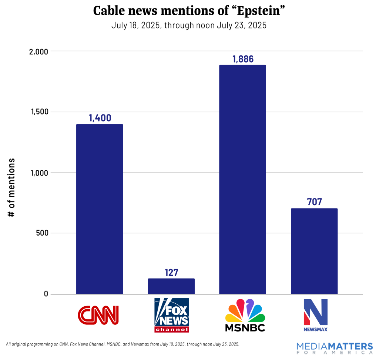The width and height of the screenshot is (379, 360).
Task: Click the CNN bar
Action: coord(99,209)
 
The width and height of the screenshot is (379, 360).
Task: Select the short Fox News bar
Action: coord(171,286)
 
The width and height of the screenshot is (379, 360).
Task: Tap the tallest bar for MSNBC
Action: coord(242,179)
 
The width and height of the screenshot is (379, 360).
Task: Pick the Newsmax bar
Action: coord(314,251)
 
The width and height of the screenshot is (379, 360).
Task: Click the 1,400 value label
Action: coord(100,118)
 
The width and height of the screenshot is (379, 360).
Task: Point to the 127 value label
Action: coord(171,273)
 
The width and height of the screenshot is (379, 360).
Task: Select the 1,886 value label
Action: coord(243,59)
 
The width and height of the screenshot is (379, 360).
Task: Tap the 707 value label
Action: coord(314,202)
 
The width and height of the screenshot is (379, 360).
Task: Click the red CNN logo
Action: coord(98,315)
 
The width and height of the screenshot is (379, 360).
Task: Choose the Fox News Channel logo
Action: coord(171,315)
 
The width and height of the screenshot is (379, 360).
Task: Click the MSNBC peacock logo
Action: coord(245,315)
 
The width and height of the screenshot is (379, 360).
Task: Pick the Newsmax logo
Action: coord(315,315)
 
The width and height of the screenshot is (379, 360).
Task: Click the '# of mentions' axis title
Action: coord(11,188)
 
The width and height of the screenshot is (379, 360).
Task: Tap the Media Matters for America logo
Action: coord(335,349)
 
